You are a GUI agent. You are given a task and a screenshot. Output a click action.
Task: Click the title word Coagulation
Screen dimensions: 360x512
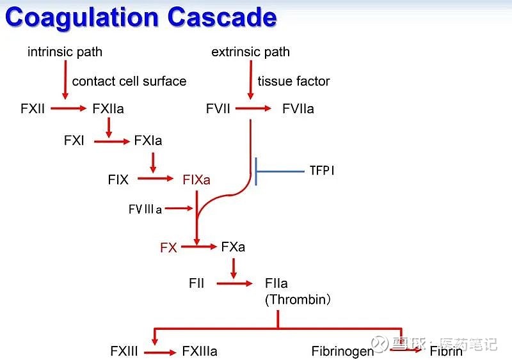tap(83, 17)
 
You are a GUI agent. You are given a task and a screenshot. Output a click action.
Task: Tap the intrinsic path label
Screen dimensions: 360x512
tap(65, 52)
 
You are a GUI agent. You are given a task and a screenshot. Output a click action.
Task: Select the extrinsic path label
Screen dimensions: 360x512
tap(250, 52)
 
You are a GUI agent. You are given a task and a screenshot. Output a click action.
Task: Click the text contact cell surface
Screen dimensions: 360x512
tap(129, 81)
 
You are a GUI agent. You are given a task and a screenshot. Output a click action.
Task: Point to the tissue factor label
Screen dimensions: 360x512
tap(294, 81)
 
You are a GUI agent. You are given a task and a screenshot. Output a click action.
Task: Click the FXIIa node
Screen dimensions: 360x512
tap(108, 109)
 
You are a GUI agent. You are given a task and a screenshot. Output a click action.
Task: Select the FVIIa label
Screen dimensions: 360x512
tap(298, 109)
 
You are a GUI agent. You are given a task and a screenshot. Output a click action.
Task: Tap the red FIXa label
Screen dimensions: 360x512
tap(196, 180)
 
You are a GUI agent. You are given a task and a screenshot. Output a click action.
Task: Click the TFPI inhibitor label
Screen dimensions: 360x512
tap(321, 171)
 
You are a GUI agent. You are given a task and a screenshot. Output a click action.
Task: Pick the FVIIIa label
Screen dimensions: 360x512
tap(145, 209)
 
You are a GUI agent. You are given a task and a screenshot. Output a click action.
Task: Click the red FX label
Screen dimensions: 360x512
tap(168, 247)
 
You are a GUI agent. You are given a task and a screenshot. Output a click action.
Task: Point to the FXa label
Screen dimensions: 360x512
tap(233, 246)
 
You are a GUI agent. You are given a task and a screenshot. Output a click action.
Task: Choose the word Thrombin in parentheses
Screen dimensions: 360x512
tap(298, 299)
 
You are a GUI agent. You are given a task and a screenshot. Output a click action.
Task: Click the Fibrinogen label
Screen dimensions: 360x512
tap(342, 351)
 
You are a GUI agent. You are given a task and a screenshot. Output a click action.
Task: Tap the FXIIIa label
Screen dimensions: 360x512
tap(200, 351)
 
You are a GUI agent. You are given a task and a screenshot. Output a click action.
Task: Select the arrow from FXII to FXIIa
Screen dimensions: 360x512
tap(68, 109)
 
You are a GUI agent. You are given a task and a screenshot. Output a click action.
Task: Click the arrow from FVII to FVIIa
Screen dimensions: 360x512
tap(254, 109)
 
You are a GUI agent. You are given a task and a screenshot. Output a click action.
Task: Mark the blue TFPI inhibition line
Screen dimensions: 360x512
tap(280, 171)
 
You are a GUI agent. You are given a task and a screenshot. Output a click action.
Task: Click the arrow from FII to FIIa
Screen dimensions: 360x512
tap(235, 283)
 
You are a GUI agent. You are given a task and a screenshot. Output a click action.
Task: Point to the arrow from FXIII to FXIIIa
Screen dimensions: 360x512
tap(159, 352)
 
